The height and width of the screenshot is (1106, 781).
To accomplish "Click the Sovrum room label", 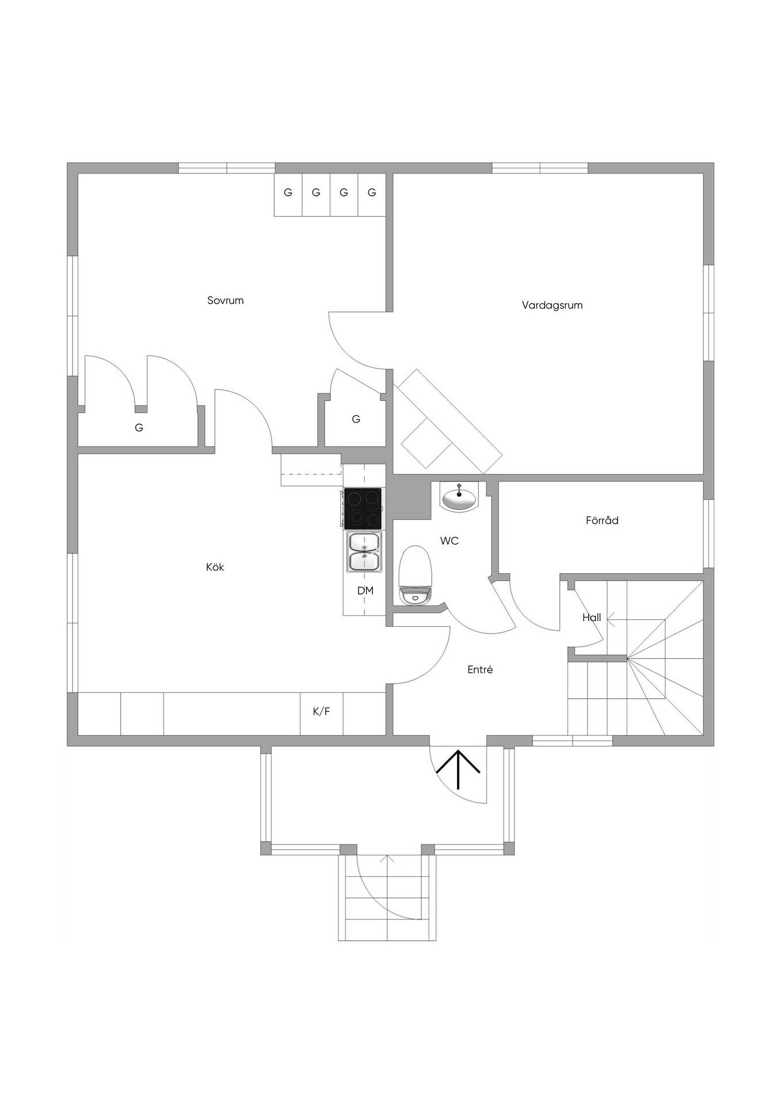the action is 226,300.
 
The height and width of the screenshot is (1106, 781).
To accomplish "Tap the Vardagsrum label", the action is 552,305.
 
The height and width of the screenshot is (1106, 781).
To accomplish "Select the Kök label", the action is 215,567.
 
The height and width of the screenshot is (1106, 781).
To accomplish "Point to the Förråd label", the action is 602,520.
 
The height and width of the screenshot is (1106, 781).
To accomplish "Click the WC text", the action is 449,541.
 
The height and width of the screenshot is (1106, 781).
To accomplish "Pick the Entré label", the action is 480,669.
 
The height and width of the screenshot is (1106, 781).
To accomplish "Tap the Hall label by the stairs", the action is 592,618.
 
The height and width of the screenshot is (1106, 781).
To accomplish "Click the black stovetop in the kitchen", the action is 363,508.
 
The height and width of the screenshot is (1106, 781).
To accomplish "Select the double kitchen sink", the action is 364,552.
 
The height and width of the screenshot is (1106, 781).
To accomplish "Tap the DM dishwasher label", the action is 365,590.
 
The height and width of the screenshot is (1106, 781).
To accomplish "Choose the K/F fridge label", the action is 321,711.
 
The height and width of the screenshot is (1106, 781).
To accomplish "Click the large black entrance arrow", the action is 458,770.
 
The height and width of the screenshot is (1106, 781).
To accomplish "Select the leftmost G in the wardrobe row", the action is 288,192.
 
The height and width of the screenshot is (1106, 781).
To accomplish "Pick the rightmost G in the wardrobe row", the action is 372,192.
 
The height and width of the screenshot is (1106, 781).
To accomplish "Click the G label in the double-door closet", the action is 139,428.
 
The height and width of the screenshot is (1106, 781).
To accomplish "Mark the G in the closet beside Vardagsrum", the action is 356,419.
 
